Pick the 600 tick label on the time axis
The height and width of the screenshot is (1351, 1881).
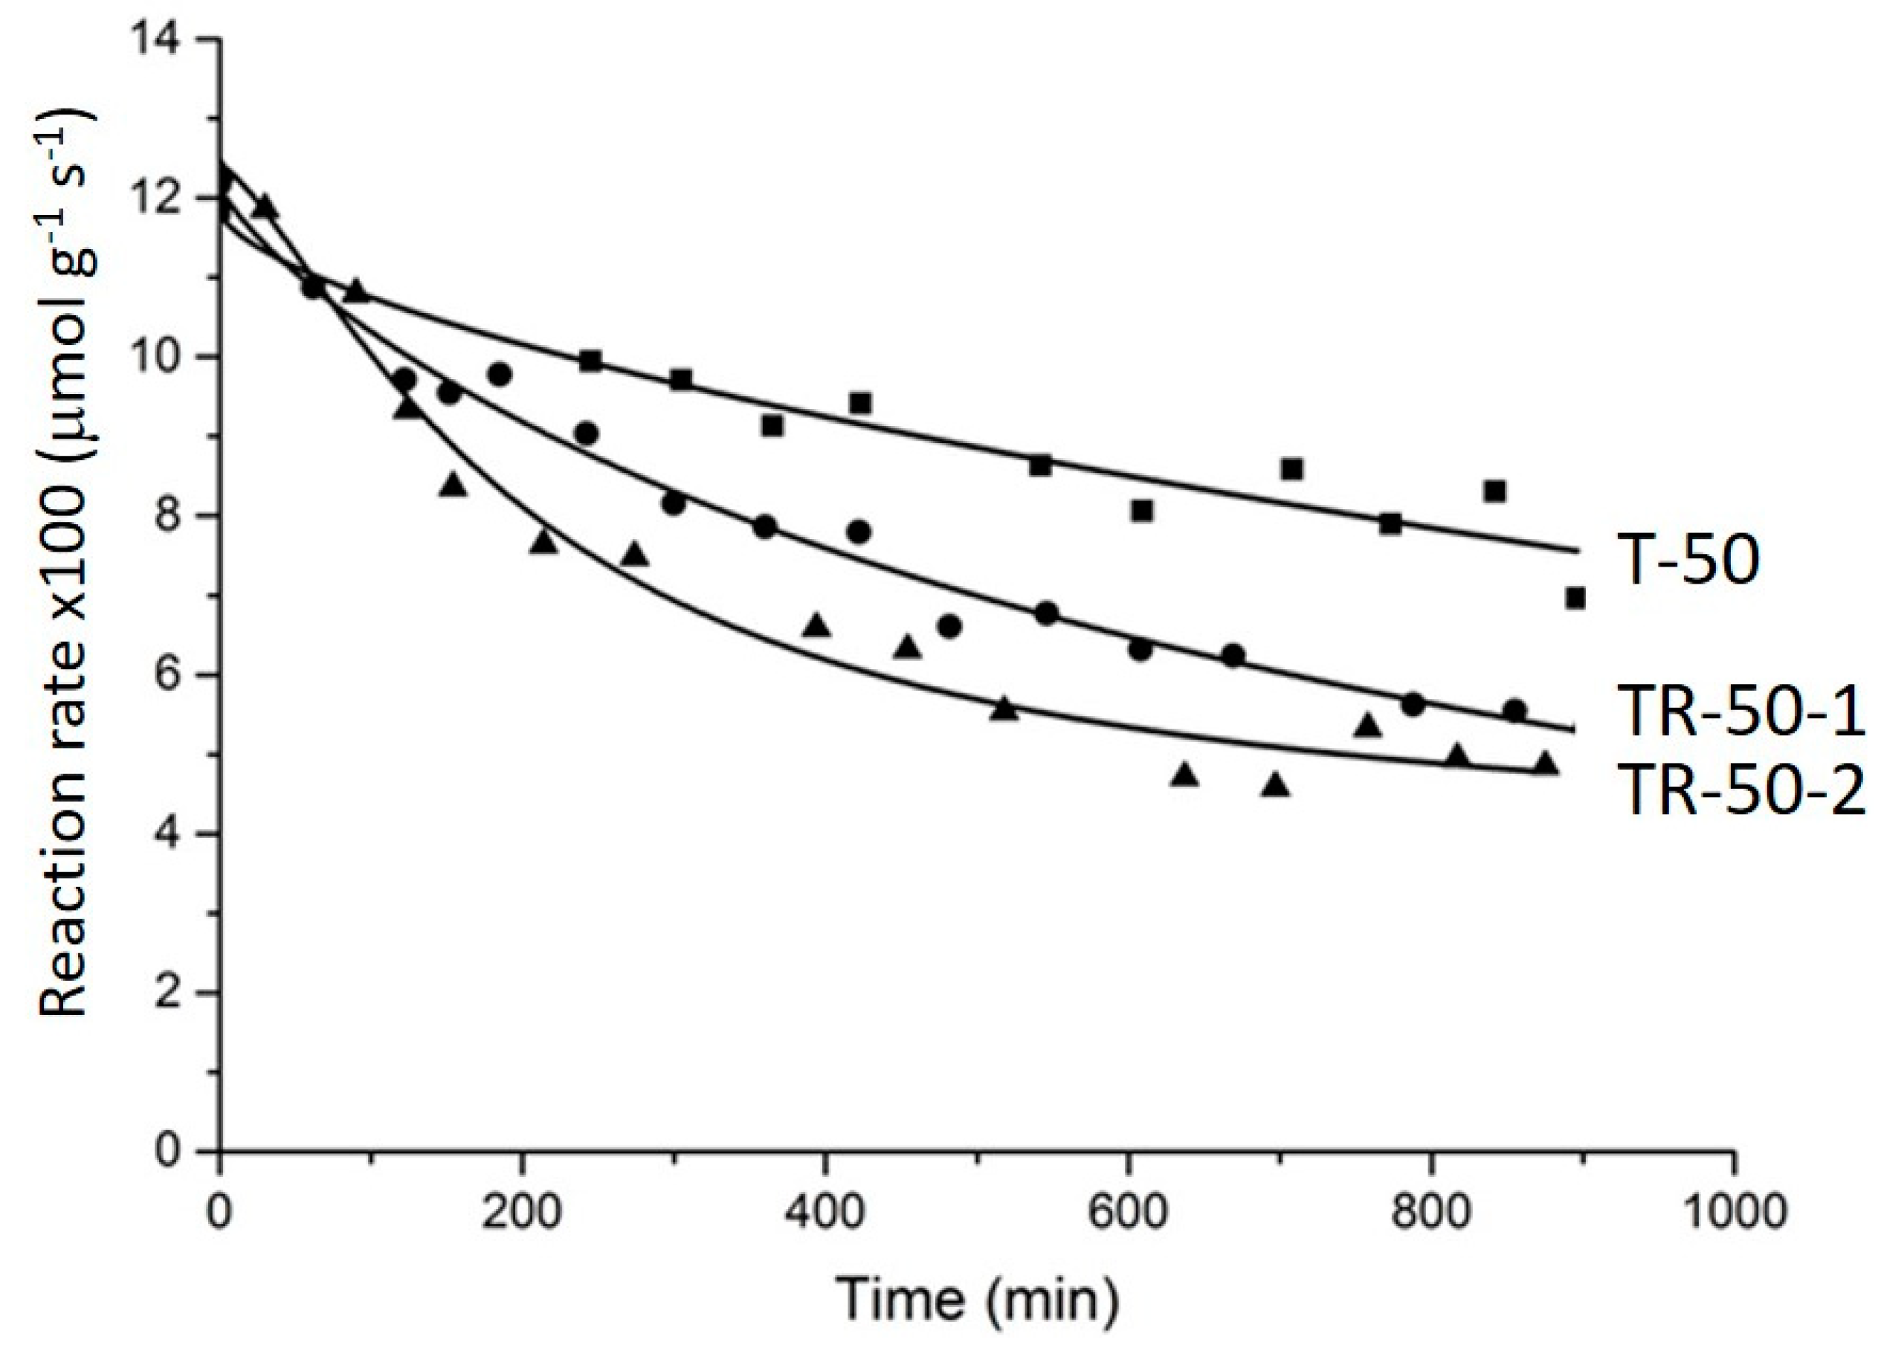pos(1128,1213)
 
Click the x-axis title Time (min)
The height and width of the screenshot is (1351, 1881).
pos(977,1300)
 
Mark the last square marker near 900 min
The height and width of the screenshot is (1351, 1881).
pos(1575,598)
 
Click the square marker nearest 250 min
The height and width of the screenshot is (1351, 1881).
pos(590,361)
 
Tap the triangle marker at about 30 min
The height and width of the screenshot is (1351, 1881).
pos(265,207)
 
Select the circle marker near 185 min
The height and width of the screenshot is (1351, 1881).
pos(500,374)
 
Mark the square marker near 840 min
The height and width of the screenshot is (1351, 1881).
pos(1494,491)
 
